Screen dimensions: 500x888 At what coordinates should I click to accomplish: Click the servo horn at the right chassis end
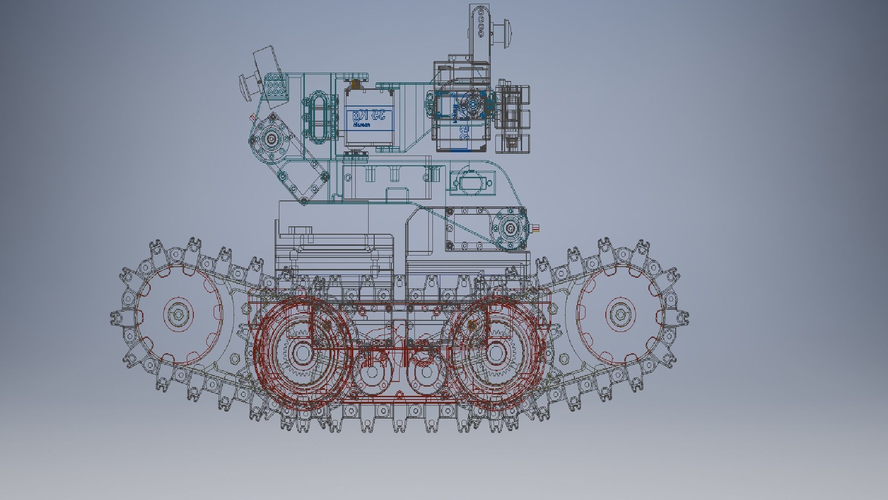coord(510,228)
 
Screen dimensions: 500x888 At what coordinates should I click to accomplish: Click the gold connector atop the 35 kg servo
coord(355,84)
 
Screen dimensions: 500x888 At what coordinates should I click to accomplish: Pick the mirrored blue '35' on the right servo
coord(464,134)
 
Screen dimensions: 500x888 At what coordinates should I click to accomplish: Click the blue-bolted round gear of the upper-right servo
coord(473,105)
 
